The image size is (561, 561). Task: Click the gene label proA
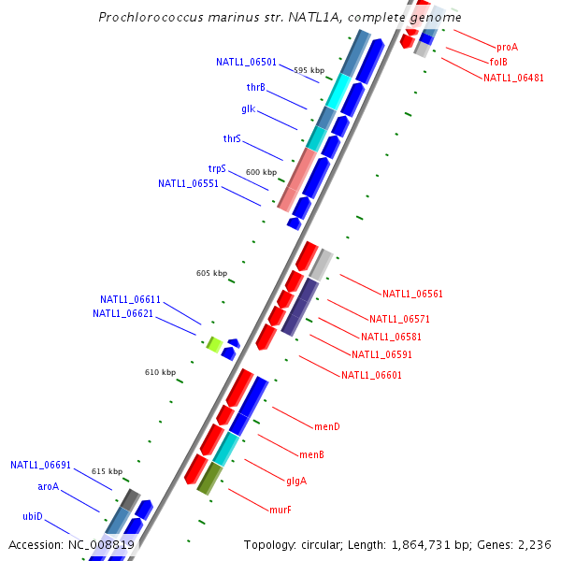[x=507, y=46]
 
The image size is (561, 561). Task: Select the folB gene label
[x=497, y=62]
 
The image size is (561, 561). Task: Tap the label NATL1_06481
[x=513, y=78]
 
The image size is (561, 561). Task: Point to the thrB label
[x=255, y=87]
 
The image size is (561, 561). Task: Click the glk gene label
[x=248, y=108]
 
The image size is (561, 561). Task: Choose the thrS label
[x=232, y=138]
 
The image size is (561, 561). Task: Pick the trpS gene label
[x=217, y=169]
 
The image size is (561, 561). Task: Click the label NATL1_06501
[x=246, y=63]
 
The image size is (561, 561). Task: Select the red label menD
[x=326, y=427]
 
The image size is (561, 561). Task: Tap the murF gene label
[x=280, y=510]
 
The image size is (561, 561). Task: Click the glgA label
[x=296, y=482]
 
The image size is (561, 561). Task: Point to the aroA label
[x=48, y=486]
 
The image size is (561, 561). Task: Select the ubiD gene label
[x=32, y=516]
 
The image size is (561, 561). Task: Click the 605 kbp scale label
[x=211, y=273]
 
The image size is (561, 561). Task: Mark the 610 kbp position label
[x=160, y=372]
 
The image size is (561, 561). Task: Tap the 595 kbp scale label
[x=309, y=70]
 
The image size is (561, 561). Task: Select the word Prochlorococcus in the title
[x=150, y=18]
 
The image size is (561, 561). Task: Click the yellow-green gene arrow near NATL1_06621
[x=213, y=345]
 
